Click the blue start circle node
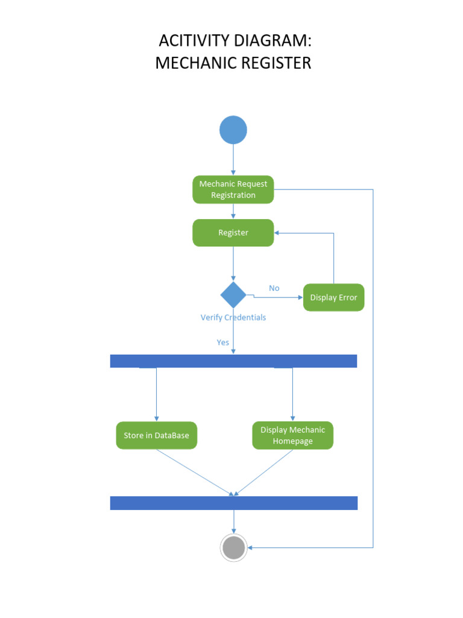click(x=233, y=130)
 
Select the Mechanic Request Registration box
click(x=233, y=190)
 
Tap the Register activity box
click(x=233, y=233)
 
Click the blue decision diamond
click(x=233, y=295)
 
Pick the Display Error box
click(x=333, y=298)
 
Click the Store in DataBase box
click(x=156, y=435)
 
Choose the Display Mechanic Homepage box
click(x=292, y=435)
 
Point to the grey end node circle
click(x=233, y=548)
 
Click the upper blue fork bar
click(x=233, y=361)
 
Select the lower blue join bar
click(x=233, y=503)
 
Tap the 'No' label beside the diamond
click(x=274, y=288)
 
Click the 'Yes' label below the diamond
click(x=223, y=342)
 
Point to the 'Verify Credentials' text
click(x=233, y=317)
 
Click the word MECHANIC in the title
click(x=193, y=63)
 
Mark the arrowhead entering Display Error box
click(x=300, y=298)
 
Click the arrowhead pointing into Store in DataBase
click(x=156, y=418)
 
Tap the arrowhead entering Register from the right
click(x=277, y=233)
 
